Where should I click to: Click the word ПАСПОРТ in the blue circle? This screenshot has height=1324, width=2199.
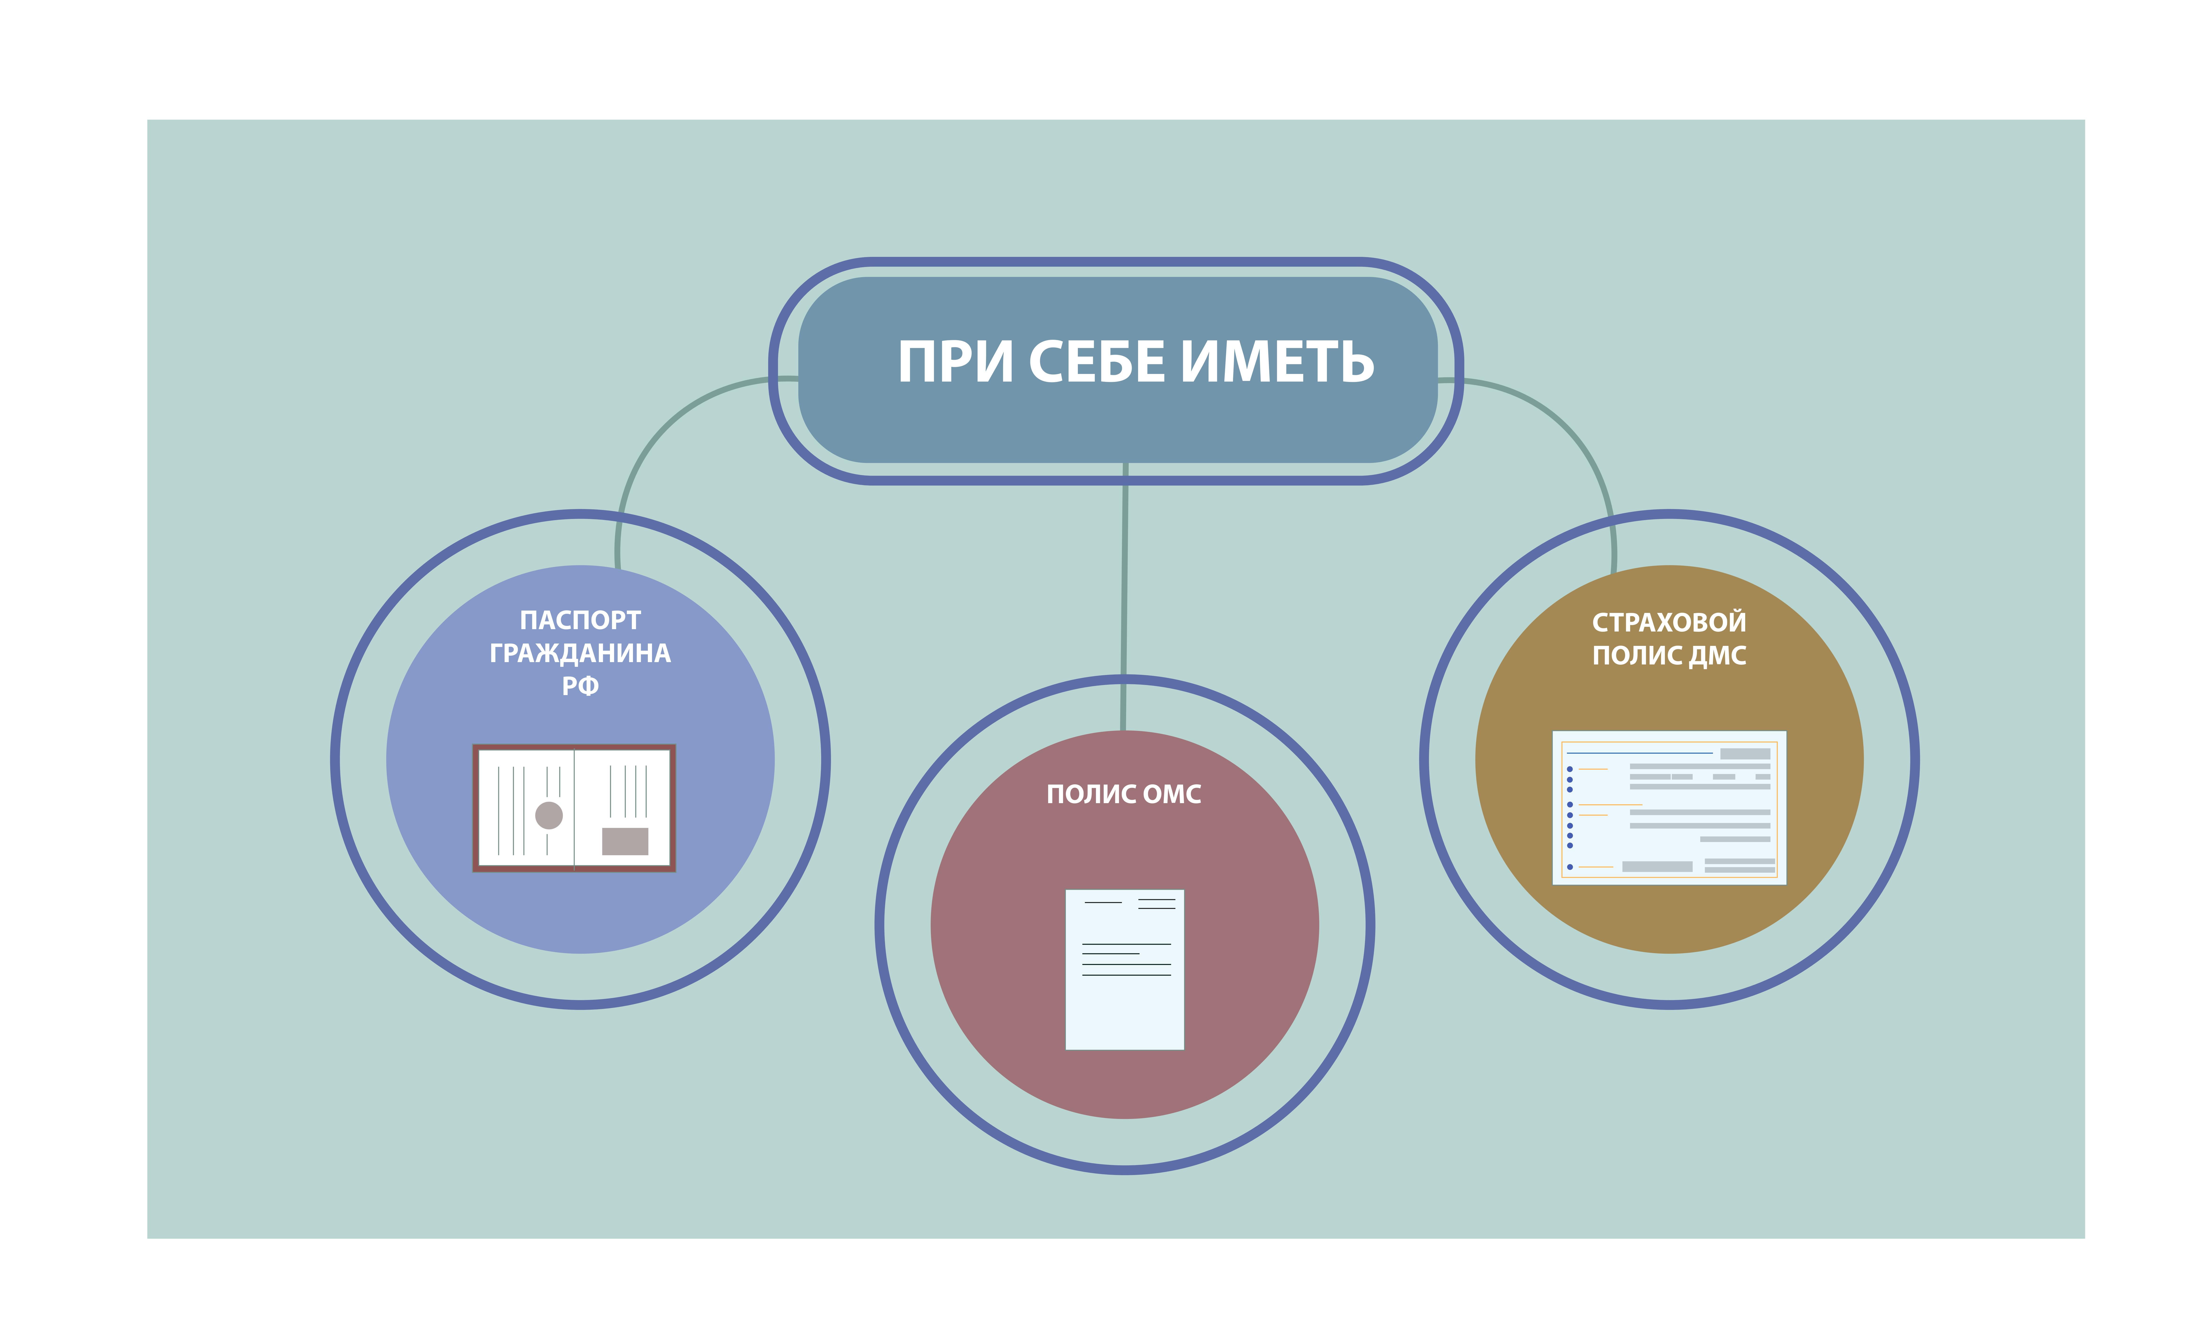point(580,620)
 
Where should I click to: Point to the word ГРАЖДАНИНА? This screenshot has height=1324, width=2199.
point(580,653)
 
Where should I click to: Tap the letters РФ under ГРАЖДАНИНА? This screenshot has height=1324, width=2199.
point(580,686)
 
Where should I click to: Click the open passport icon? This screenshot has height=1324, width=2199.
point(574,807)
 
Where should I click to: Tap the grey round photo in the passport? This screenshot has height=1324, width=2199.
point(549,814)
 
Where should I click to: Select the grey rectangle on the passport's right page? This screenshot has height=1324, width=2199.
point(625,840)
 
